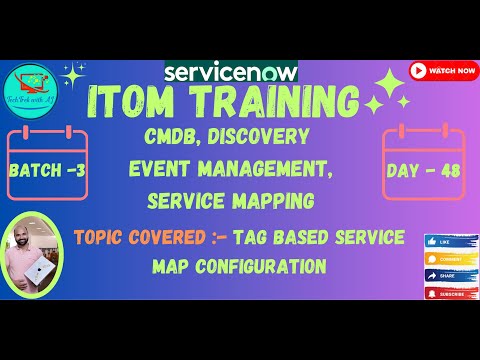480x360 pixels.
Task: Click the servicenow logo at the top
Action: tap(230, 73)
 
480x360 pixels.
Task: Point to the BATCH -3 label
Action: tap(46, 170)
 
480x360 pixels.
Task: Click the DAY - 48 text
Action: tap(422, 170)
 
